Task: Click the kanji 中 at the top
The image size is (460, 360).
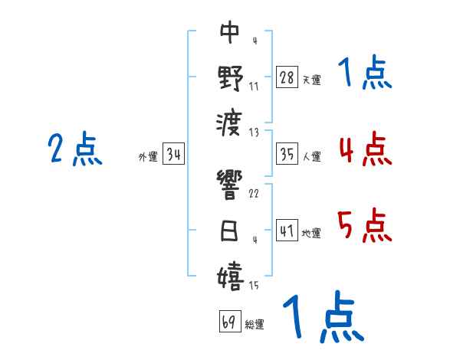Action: tap(230, 32)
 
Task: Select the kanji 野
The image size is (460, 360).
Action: tap(230, 77)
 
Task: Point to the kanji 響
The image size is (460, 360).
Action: tap(230, 186)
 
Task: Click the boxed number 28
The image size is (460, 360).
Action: tap(286, 77)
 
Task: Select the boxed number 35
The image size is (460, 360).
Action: tap(286, 154)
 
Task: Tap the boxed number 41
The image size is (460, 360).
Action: tap(286, 230)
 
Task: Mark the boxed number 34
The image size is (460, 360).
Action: tap(173, 154)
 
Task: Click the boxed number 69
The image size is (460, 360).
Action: tap(228, 322)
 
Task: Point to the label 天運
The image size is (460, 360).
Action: tap(311, 80)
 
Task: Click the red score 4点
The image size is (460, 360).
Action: tap(365, 149)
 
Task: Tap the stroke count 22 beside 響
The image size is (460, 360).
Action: tap(254, 193)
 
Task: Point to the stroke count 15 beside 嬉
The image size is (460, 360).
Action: tap(252, 286)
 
